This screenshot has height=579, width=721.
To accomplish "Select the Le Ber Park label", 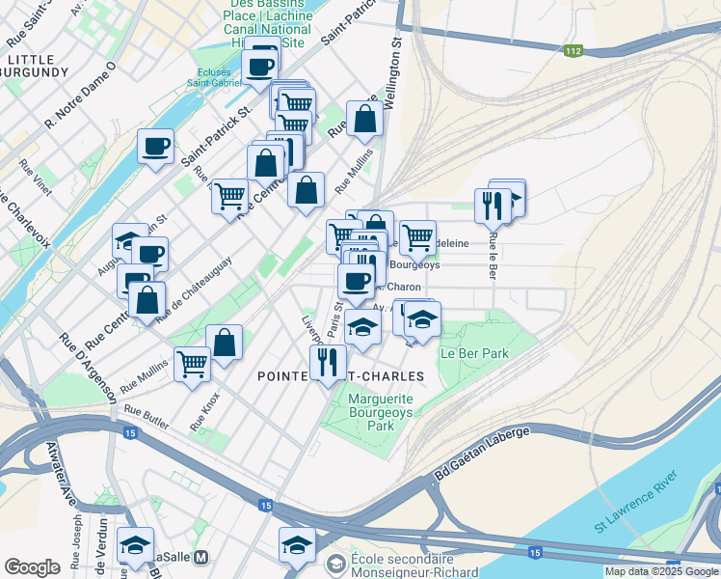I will (x=473, y=353).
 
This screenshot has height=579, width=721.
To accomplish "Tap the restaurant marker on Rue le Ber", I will (x=493, y=205).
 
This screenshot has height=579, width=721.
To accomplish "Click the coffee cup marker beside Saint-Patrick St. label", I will (x=155, y=147).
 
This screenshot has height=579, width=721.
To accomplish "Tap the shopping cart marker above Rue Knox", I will (x=193, y=364).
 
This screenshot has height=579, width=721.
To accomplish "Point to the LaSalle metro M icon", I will (x=201, y=558).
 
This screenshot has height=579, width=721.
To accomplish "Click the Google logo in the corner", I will (x=31, y=567).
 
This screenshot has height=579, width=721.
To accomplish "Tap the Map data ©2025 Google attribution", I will (x=661, y=571).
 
